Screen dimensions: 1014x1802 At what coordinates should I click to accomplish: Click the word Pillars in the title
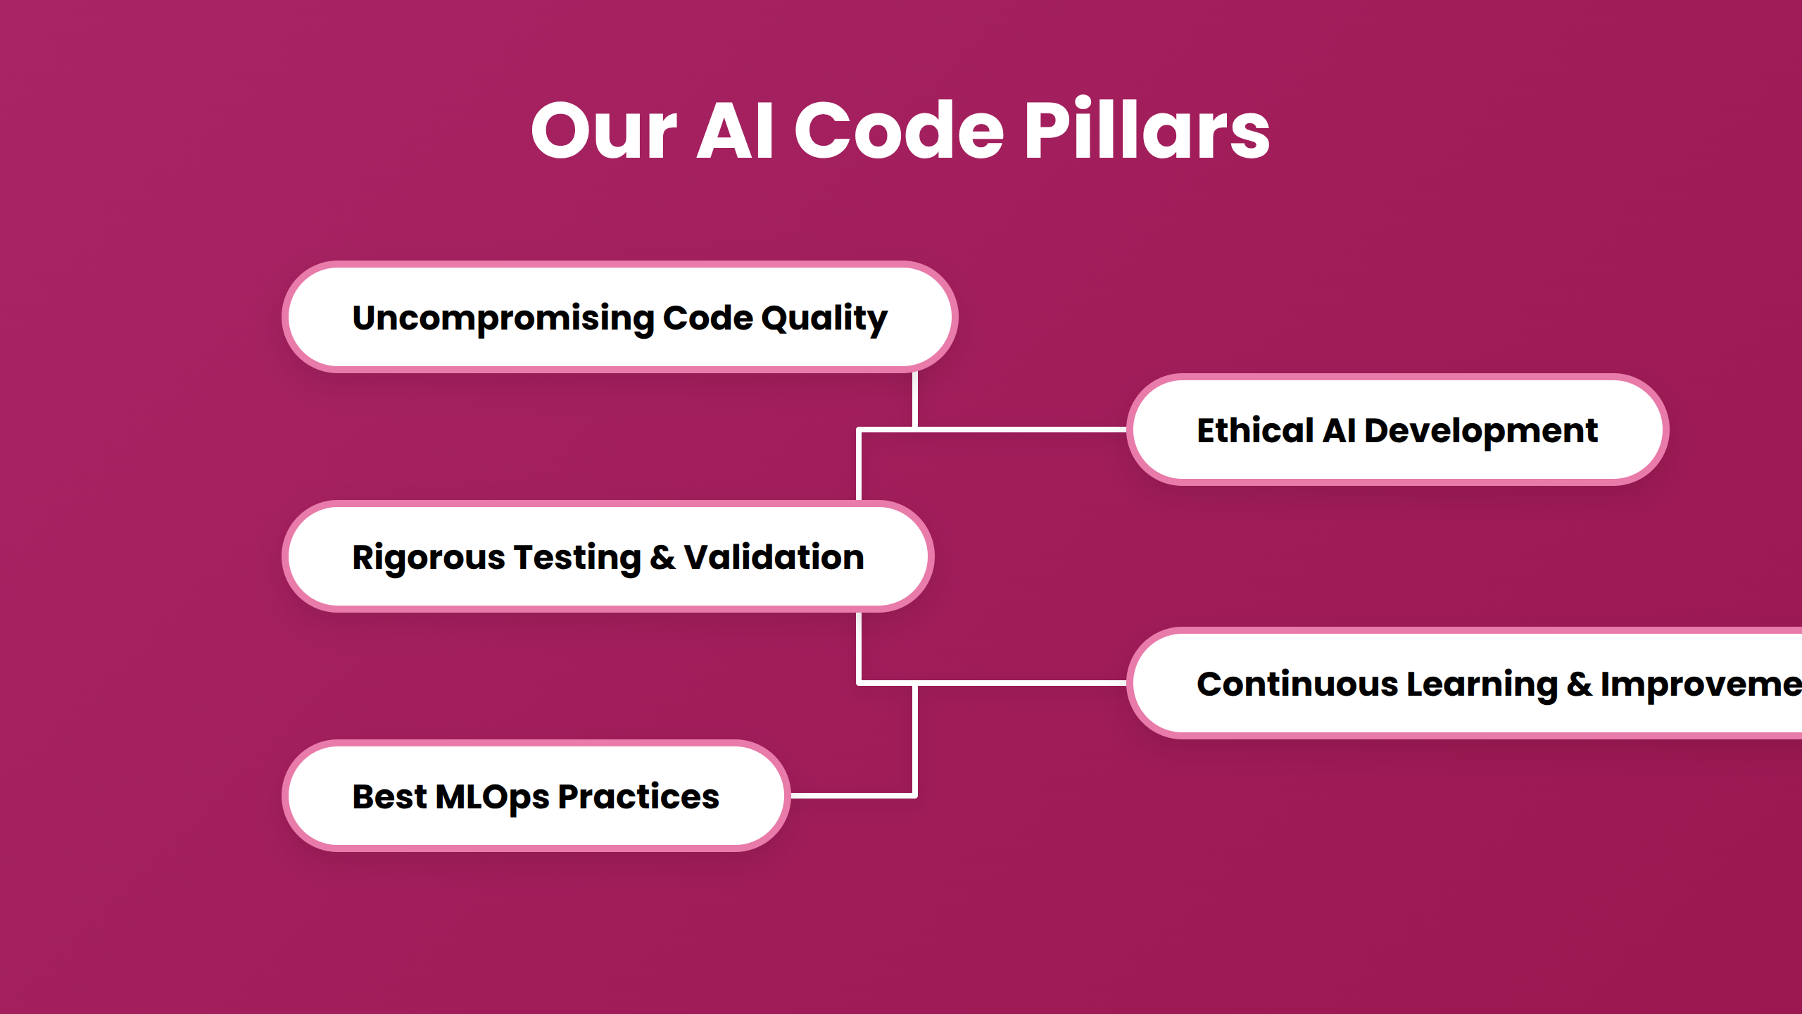point(1146,130)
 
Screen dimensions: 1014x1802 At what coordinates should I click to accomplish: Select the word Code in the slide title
point(899,130)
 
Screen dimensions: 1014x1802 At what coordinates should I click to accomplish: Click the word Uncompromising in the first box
point(503,318)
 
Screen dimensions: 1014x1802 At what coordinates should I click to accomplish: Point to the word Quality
point(824,318)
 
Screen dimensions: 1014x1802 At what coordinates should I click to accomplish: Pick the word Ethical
point(1255,430)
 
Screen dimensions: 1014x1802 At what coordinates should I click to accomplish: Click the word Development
point(1481,430)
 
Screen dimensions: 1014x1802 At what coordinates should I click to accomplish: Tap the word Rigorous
point(428,558)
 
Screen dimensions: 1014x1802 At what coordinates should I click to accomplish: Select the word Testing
point(577,558)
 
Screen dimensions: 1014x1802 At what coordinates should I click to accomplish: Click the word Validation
point(774,558)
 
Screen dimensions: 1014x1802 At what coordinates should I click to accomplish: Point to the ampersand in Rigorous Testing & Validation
point(662,558)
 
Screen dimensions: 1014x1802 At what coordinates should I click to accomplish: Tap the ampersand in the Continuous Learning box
point(1580,684)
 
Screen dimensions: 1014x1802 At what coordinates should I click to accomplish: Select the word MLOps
point(492,796)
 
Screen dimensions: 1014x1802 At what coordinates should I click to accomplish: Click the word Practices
point(638,796)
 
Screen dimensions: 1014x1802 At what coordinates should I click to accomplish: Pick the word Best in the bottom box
point(389,796)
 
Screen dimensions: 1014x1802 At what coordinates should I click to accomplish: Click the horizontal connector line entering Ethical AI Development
point(1021,429)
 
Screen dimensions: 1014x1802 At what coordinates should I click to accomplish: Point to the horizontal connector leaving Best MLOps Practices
point(852,796)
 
